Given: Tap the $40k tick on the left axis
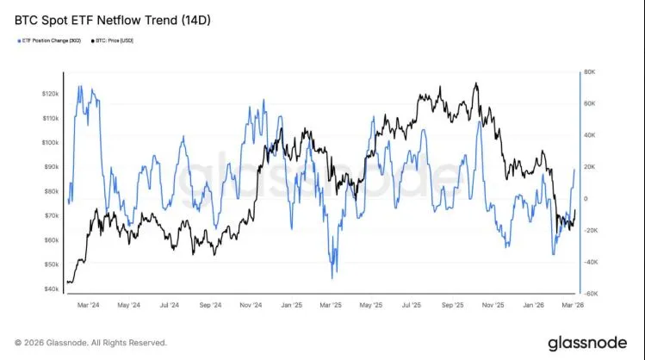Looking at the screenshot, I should click(x=49, y=289).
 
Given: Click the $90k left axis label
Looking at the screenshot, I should click(x=49, y=166).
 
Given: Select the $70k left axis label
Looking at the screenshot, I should click(x=49, y=215).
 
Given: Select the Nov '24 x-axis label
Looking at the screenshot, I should click(x=251, y=305).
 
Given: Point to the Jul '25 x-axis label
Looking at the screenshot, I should click(x=412, y=305).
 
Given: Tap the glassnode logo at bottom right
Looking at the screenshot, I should click(x=587, y=343).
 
